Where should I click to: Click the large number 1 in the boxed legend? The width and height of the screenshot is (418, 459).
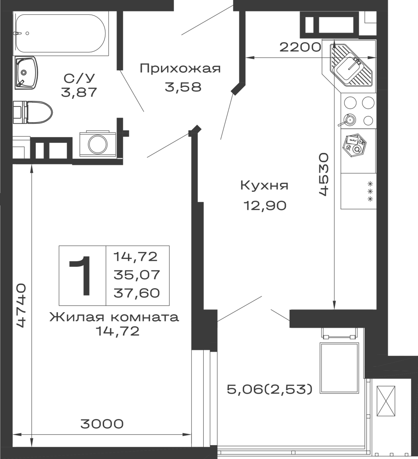[x=82, y=275]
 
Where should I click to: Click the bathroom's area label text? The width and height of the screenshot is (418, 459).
[x=79, y=85]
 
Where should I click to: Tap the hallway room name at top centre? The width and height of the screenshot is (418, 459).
[x=179, y=68]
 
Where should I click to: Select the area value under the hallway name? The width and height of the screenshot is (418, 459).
[x=182, y=86]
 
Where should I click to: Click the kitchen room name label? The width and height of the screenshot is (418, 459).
[x=264, y=186]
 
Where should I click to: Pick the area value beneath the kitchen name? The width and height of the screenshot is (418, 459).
[x=266, y=205]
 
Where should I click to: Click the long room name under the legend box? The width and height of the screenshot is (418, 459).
[x=113, y=318]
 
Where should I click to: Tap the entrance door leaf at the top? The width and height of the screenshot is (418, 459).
[x=205, y=21]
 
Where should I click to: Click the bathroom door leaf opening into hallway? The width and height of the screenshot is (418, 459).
[x=133, y=94]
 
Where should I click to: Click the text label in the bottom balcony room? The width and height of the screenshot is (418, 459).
[x=268, y=389]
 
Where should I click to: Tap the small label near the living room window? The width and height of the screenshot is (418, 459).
[x=101, y=424]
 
